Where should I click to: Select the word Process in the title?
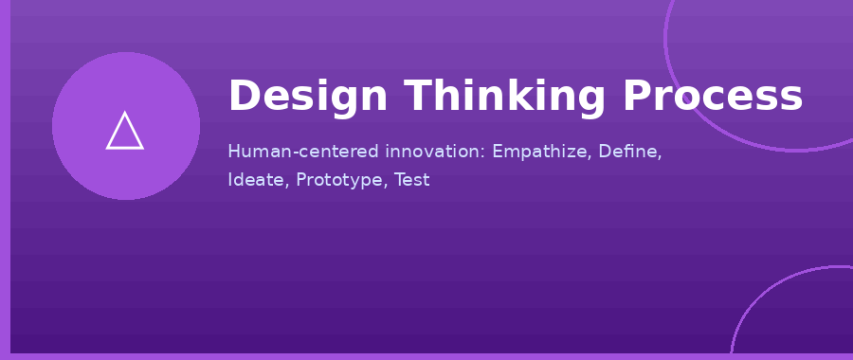pyautogui.click(x=713, y=98)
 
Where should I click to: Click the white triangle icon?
pyautogui.click(x=125, y=133)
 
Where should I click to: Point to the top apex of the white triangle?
pyautogui.click(x=125, y=113)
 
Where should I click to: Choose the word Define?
pyautogui.click(x=630, y=152)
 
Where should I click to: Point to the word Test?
pyautogui.click(x=411, y=180)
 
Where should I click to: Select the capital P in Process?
pyautogui.click(x=636, y=98)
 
